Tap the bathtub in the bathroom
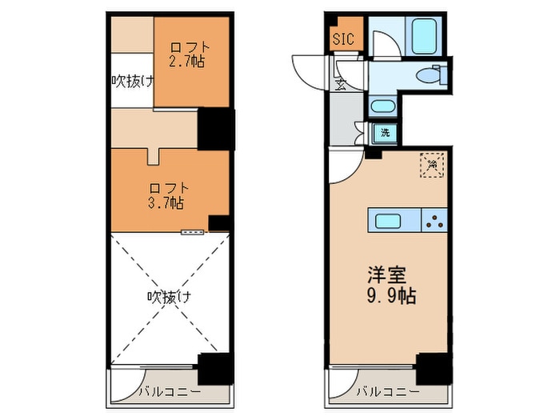click(422, 35)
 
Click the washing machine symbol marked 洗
click(386, 133)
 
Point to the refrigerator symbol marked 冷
click(433, 165)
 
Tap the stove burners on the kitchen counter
click(435, 221)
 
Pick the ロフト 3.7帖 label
click(166, 194)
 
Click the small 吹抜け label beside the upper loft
click(130, 80)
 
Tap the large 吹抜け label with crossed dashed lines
click(167, 297)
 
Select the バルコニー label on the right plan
click(387, 391)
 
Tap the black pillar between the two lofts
click(215, 129)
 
